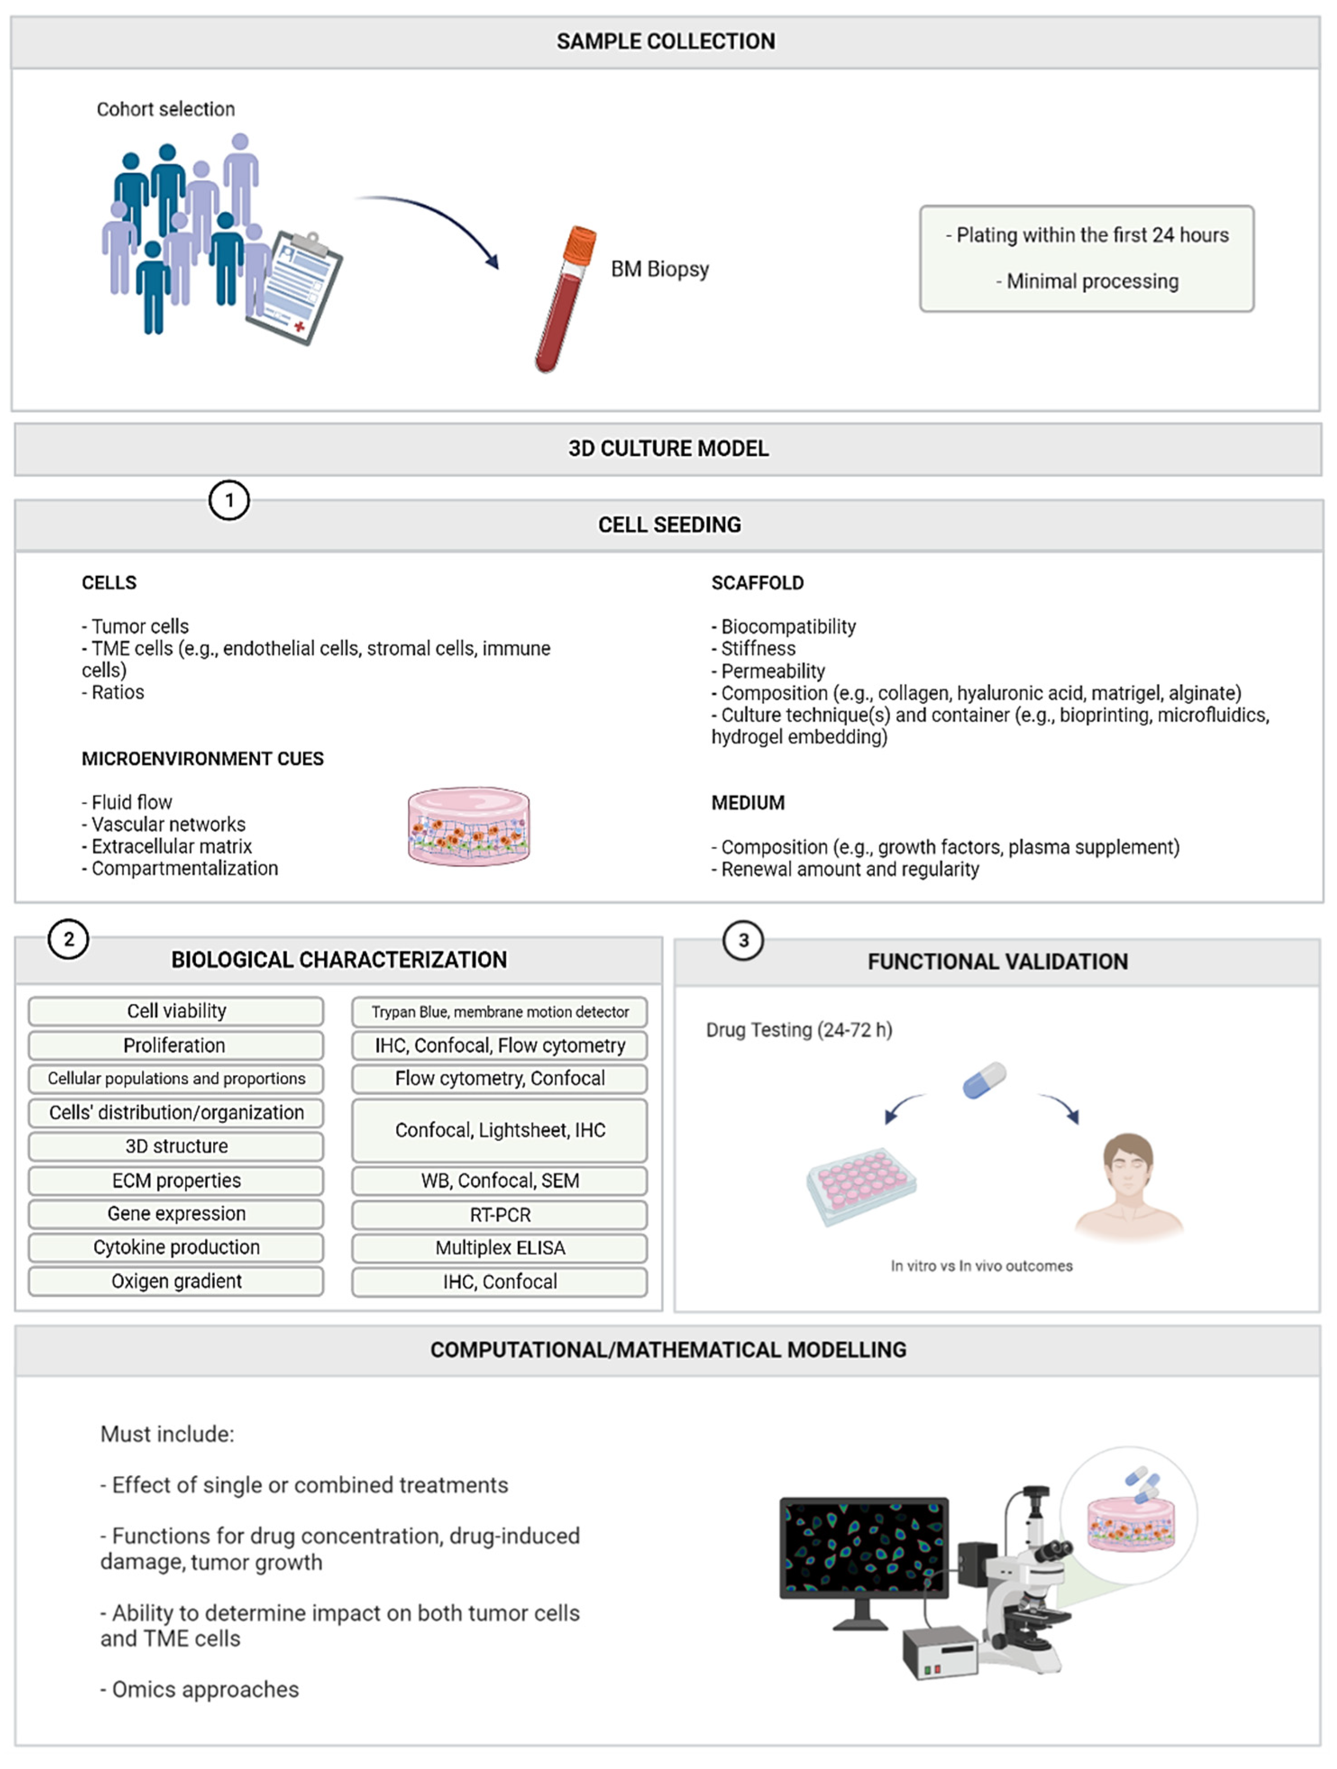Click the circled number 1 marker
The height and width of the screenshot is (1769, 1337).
pyautogui.click(x=229, y=501)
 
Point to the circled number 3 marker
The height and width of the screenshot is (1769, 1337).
pyautogui.click(x=743, y=941)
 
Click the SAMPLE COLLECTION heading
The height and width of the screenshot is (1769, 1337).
pyautogui.click(x=665, y=41)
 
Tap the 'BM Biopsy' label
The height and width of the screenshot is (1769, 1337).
pyautogui.click(x=660, y=270)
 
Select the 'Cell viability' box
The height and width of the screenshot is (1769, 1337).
pyautogui.click(x=176, y=1011)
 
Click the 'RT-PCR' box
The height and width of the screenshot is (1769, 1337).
pyautogui.click(x=500, y=1215)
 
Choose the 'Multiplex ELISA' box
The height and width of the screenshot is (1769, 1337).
pyautogui.click(x=500, y=1248)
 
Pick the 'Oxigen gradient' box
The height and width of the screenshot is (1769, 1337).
pyautogui.click(x=176, y=1281)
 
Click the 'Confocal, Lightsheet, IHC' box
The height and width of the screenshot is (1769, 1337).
pyautogui.click(x=500, y=1130)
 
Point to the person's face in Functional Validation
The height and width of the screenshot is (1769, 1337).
pyautogui.click(x=1127, y=1168)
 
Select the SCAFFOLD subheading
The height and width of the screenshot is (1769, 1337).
pyautogui.click(x=757, y=583)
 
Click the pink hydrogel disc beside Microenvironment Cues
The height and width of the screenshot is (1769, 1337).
pyautogui.click(x=469, y=826)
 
